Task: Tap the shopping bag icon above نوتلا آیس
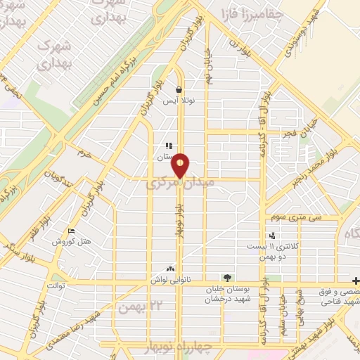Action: pyautogui.click(x=179, y=90)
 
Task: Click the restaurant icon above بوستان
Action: pyautogui.click(x=169, y=146)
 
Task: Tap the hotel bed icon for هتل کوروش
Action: pyautogui.click(x=71, y=231)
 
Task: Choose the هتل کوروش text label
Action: pyautogui.click(x=72, y=242)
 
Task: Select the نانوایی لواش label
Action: pyautogui.click(x=169, y=280)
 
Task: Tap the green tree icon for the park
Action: pyautogui.click(x=226, y=278)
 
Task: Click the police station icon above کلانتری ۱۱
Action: pyautogui.click(x=271, y=236)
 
